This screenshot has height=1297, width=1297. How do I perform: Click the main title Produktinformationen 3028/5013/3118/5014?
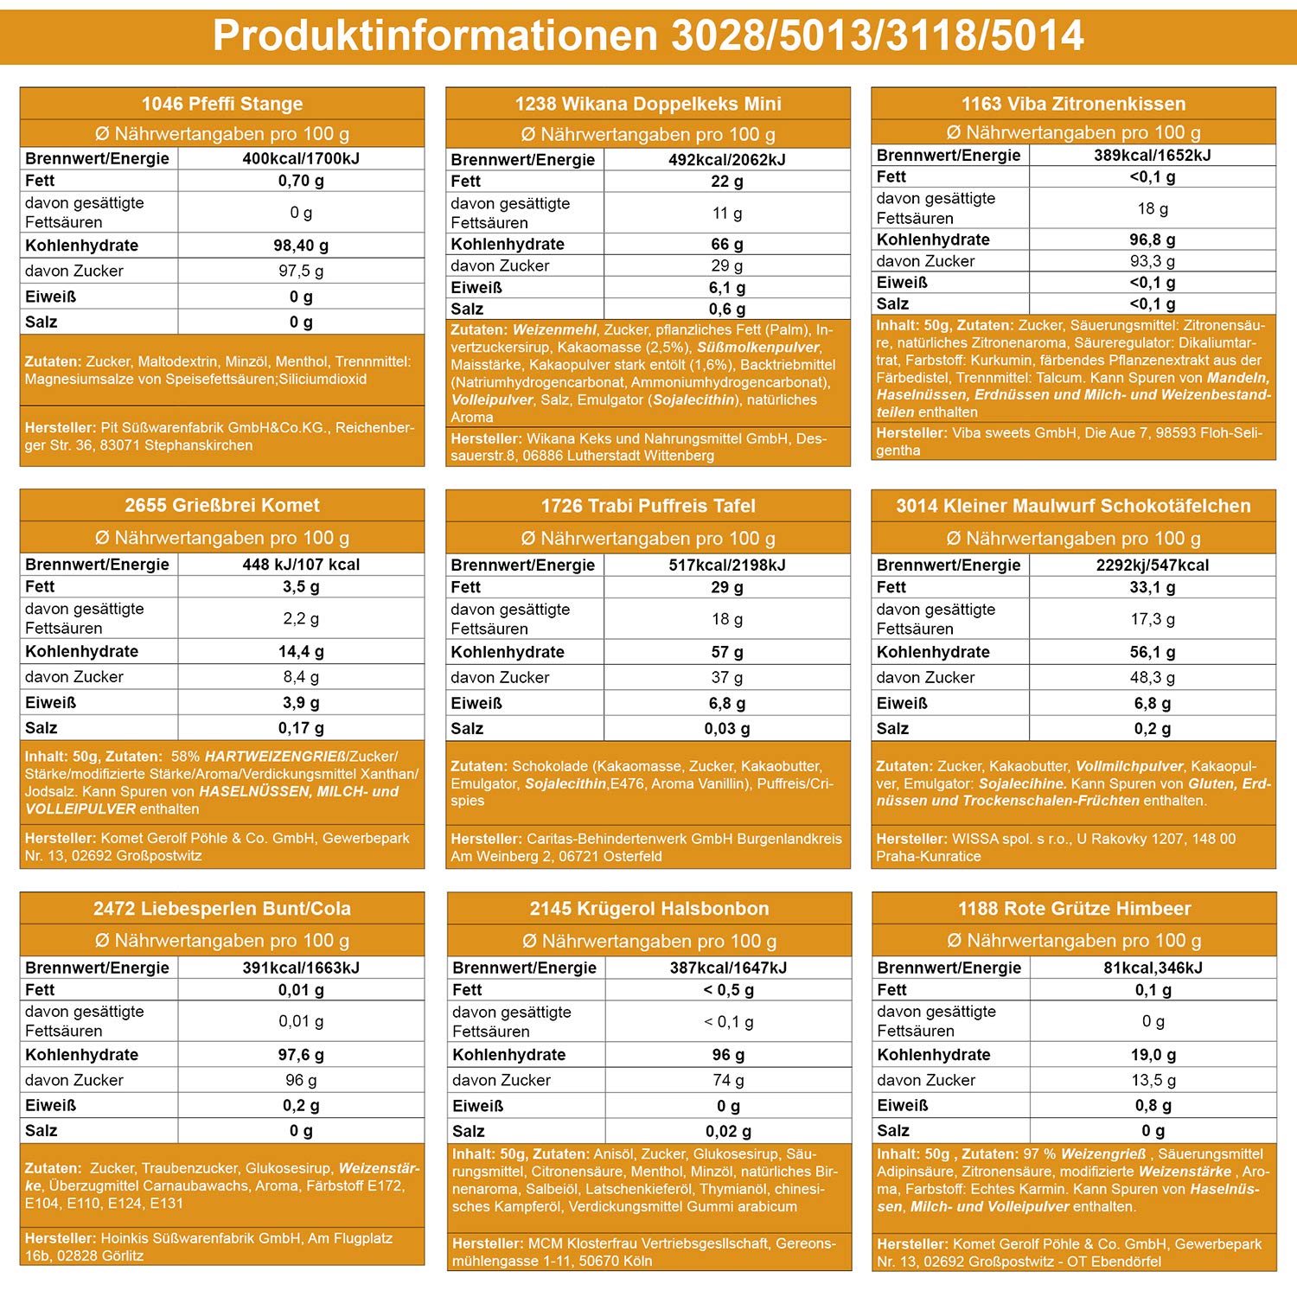(x=648, y=35)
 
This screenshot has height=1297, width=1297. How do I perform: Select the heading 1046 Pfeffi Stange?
(x=222, y=104)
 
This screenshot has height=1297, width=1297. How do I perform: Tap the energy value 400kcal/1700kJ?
(x=301, y=158)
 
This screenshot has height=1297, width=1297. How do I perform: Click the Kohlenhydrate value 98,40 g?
(x=301, y=246)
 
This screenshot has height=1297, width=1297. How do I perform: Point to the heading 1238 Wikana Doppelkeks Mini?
(x=648, y=104)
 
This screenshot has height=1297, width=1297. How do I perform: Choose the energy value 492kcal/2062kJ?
(x=727, y=160)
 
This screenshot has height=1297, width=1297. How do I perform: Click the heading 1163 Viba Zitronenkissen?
(x=1073, y=104)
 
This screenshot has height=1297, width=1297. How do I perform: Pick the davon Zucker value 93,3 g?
(x=1153, y=261)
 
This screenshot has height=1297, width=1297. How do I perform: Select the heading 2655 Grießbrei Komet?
(x=222, y=506)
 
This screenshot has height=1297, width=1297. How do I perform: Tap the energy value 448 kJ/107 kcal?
(x=301, y=565)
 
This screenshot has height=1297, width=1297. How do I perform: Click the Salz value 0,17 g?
(x=301, y=728)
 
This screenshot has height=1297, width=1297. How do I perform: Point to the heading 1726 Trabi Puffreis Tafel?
(x=648, y=506)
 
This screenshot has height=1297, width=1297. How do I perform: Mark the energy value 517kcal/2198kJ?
(x=727, y=565)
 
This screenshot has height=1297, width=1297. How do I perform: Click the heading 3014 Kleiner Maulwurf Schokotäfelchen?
(x=1073, y=506)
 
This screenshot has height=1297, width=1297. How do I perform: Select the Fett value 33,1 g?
(x=1153, y=587)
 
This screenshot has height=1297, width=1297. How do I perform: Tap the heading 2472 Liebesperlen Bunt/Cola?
(x=222, y=909)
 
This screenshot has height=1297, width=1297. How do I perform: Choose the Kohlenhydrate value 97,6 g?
(x=301, y=1055)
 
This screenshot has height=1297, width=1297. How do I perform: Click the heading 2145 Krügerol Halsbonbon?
(x=649, y=909)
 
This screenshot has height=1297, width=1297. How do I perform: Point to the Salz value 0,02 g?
(x=728, y=1131)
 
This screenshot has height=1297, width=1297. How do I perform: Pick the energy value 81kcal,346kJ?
(x=1153, y=968)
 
